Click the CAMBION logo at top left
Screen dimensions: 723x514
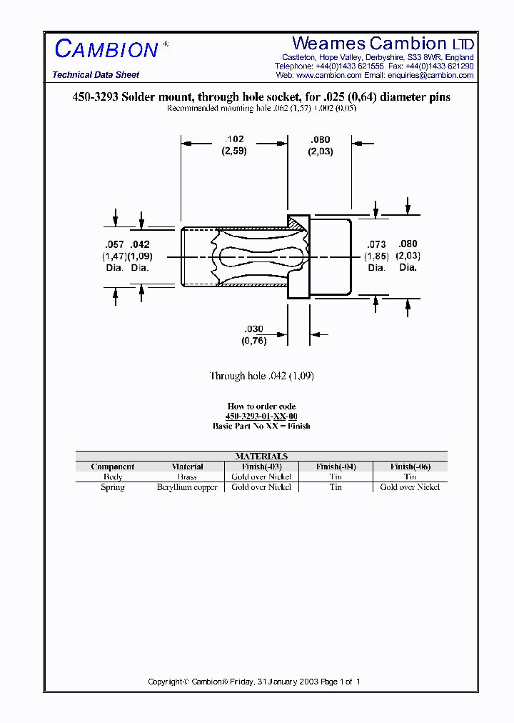[107, 49]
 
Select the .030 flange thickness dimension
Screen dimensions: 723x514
[254, 329]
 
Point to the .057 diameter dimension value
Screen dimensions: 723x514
[114, 244]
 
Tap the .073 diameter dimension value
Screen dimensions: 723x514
[376, 244]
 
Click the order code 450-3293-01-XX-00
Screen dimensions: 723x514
[261, 416]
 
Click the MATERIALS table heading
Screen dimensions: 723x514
[261, 456]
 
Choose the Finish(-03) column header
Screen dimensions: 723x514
[261, 467]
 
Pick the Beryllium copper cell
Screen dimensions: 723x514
[187, 487]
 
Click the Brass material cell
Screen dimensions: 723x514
[187, 477]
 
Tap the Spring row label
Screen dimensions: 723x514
[113, 487]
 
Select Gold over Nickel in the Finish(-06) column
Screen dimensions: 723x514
[410, 487]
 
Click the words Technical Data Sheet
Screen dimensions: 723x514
[96, 75]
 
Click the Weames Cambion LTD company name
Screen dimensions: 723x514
[383, 44]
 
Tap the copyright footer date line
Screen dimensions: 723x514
[254, 682]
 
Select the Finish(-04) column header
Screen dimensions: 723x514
[336, 467]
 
